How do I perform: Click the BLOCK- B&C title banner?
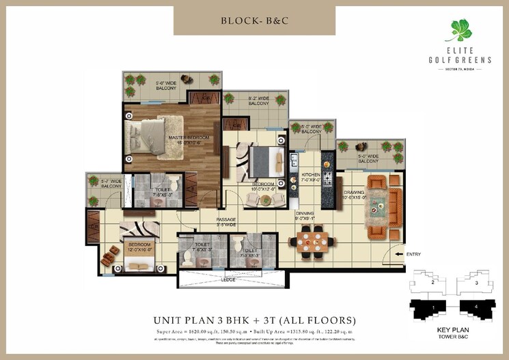253,20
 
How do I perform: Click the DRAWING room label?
354,195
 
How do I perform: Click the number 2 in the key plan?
433,281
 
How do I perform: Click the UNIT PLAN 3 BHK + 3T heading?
253,320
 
